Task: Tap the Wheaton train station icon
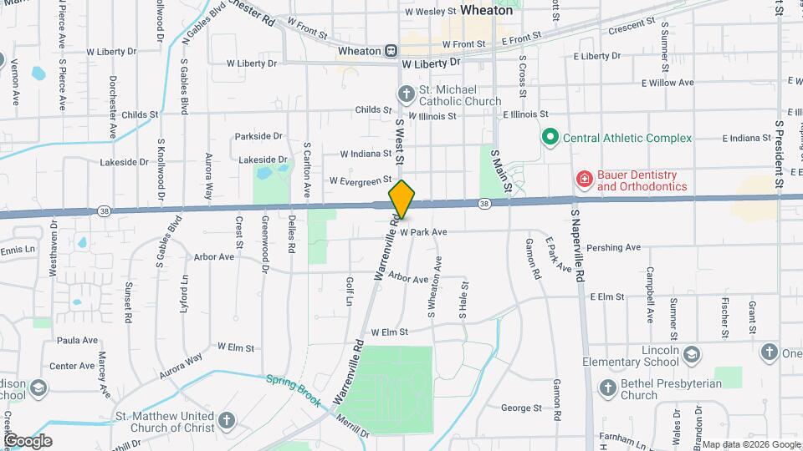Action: click(391, 51)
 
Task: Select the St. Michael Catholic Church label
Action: click(459, 95)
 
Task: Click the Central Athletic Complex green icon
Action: click(550, 137)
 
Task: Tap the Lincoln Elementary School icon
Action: click(692, 356)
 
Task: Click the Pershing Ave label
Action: click(613, 248)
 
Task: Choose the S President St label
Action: click(779, 152)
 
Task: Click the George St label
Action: click(521, 408)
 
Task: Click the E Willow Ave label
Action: click(667, 83)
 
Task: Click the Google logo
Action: click(28, 440)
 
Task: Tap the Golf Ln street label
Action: click(350, 291)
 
